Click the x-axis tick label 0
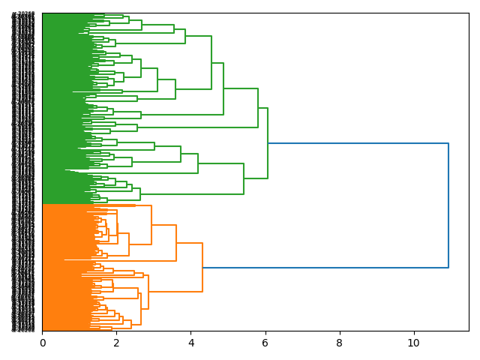(42, 343)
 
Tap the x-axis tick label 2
(116, 343)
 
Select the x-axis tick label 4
(190, 343)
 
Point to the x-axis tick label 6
(265, 343)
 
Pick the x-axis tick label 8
(339, 343)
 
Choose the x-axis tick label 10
(413, 343)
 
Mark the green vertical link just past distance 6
(268, 143)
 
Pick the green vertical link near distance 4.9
(223, 88)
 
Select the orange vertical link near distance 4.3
(202, 267)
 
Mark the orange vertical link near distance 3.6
(176, 243)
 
